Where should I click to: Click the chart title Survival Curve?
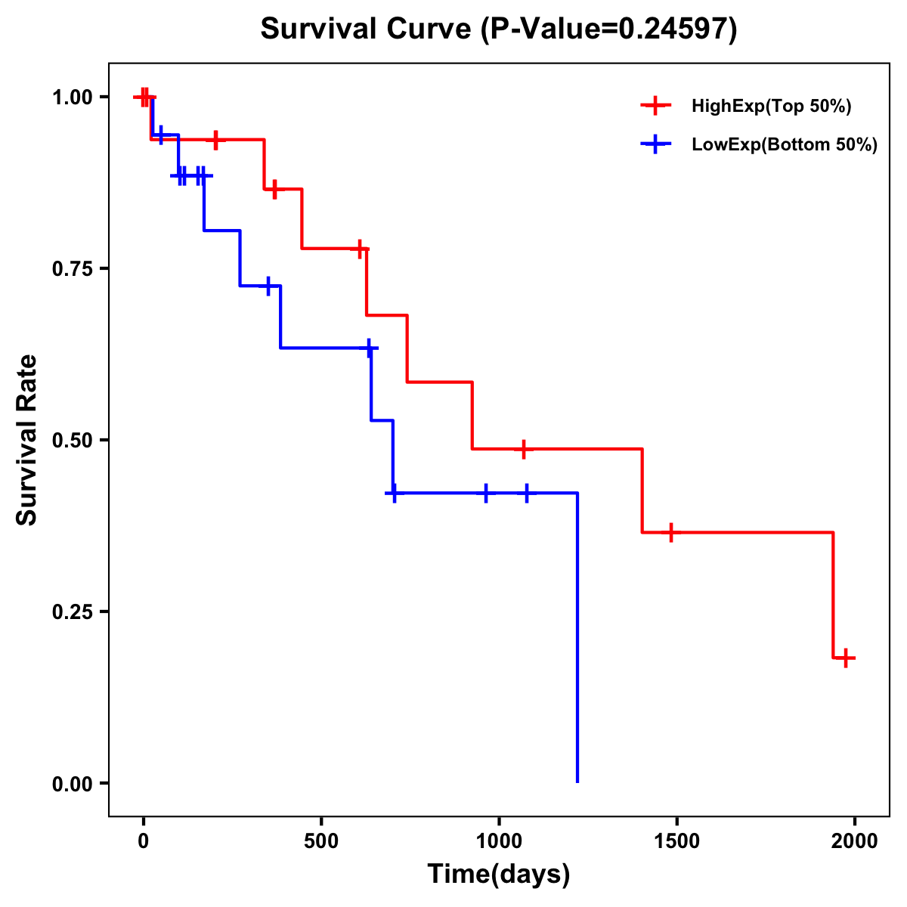[x=498, y=29]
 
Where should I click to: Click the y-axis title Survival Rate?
[x=27, y=439]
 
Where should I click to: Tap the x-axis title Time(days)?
[x=498, y=874]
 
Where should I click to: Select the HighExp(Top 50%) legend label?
[x=771, y=107]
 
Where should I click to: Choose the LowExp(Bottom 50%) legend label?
[x=785, y=145]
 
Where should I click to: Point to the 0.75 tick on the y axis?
[x=72, y=268]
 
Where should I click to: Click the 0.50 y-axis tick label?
[x=72, y=440]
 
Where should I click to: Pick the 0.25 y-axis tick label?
[x=72, y=611]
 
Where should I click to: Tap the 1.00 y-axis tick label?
[x=72, y=98]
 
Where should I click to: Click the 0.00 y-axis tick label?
[x=72, y=784]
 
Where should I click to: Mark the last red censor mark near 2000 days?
[x=846, y=658]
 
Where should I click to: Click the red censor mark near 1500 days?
[x=670, y=533]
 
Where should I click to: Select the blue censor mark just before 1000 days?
[x=486, y=493]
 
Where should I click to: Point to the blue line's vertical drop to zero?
[x=577, y=642]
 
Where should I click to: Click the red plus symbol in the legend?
[x=655, y=107]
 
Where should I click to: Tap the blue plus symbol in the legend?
[x=655, y=145]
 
